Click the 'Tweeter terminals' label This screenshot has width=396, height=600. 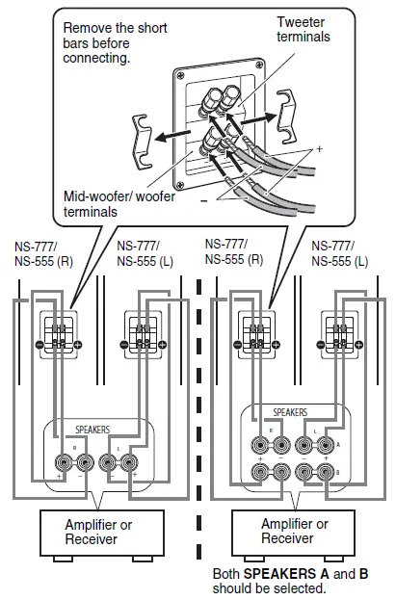point(304,29)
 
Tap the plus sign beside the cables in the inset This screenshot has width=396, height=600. point(319,149)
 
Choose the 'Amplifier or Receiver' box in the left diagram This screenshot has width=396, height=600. point(91,532)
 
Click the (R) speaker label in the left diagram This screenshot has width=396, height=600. point(57,260)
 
